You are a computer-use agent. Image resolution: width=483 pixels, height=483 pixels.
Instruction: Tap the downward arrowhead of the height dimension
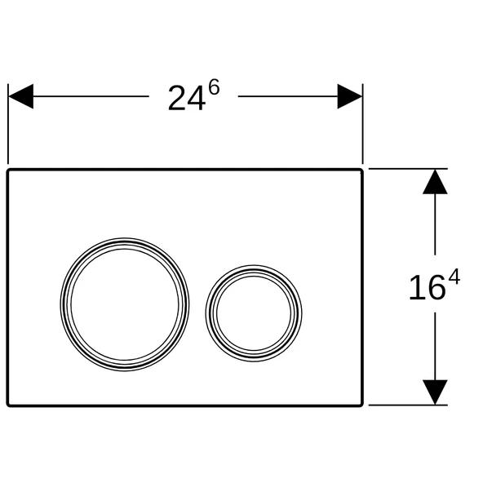click(436, 392)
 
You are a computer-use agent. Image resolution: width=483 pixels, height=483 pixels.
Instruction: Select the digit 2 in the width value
click(177, 99)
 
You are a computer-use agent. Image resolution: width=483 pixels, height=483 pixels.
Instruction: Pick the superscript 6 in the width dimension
click(214, 88)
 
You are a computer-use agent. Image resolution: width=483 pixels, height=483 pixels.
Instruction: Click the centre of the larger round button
click(125, 304)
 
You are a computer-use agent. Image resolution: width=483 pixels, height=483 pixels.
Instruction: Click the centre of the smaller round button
click(254, 311)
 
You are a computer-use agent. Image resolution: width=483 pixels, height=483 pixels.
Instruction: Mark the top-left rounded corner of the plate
click(11, 172)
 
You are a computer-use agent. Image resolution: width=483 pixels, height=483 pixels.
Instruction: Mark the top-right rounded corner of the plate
click(360, 172)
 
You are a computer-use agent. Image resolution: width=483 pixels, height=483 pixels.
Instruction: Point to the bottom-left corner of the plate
click(11, 403)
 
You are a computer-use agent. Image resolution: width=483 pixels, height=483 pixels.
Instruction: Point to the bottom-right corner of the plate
click(360, 403)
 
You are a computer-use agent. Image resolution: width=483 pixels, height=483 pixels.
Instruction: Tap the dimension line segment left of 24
click(90, 96)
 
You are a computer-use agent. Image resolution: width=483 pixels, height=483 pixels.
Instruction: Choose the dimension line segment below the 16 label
click(436, 343)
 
